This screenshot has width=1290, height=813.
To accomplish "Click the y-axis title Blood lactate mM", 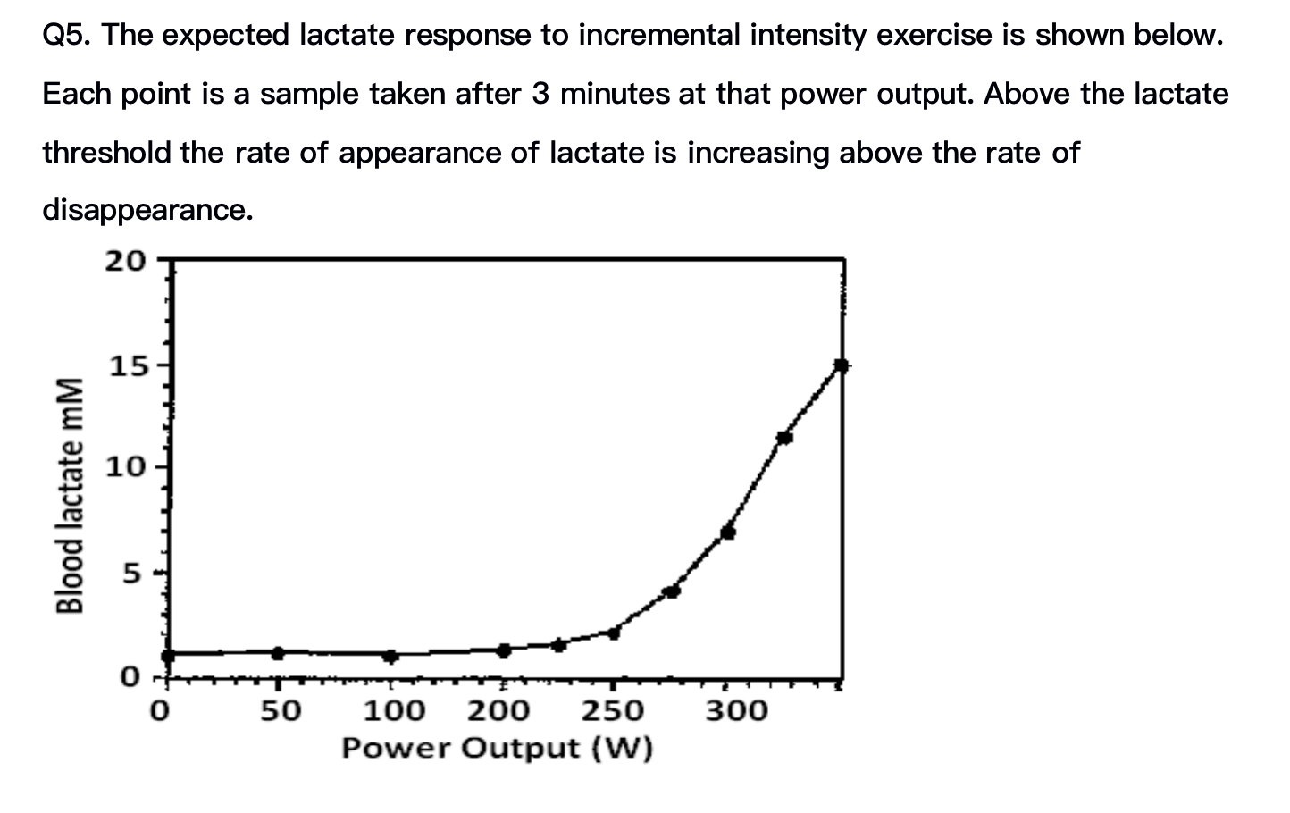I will pos(71,495).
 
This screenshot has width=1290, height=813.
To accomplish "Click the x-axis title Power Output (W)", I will pos(497,748).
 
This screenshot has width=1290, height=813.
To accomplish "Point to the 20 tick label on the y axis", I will pos(124,261).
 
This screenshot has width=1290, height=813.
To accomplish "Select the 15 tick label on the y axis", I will pos(124,365).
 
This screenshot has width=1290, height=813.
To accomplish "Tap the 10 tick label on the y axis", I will pos(124,467).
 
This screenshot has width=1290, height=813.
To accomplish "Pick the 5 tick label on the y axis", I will pos(131,572).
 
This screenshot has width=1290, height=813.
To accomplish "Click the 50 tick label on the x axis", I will pos(281,711).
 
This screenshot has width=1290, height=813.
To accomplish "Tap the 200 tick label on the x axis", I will pos(498,711).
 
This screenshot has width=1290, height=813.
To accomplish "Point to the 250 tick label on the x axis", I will pos(613,711).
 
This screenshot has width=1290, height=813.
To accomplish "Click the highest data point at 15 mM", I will pos(841,365).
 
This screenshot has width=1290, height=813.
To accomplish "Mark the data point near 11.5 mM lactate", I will pos(784,437).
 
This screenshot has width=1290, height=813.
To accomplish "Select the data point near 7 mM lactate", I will pos(728,532).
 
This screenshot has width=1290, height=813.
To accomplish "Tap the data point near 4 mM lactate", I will pos(672,591).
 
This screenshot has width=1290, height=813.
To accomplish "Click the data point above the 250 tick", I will pos(613,633).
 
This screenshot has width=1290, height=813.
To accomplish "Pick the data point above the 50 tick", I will pos(278,653).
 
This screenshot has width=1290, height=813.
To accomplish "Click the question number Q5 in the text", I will pos(66,36).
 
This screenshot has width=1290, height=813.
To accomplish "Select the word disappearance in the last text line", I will pos(147,211).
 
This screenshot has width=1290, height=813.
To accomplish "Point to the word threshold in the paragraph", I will pos(106,153).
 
